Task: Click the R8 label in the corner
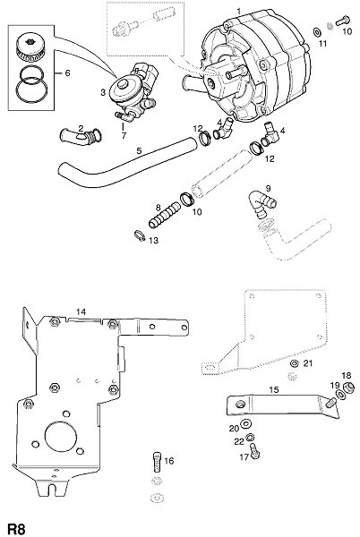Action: (17, 528)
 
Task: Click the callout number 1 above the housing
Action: (239, 12)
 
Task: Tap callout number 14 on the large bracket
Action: (81, 311)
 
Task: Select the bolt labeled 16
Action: (156, 463)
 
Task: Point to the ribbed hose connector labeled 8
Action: (164, 215)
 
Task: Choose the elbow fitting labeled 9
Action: (261, 204)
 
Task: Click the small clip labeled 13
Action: (140, 235)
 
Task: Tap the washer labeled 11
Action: (317, 32)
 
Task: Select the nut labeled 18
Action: (349, 388)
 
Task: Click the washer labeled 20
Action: (245, 424)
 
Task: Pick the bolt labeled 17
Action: (254, 451)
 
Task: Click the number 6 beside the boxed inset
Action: (67, 73)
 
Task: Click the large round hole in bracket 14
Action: (61, 437)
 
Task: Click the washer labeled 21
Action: (295, 363)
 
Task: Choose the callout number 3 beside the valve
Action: (103, 92)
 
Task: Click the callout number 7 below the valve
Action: (124, 136)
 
